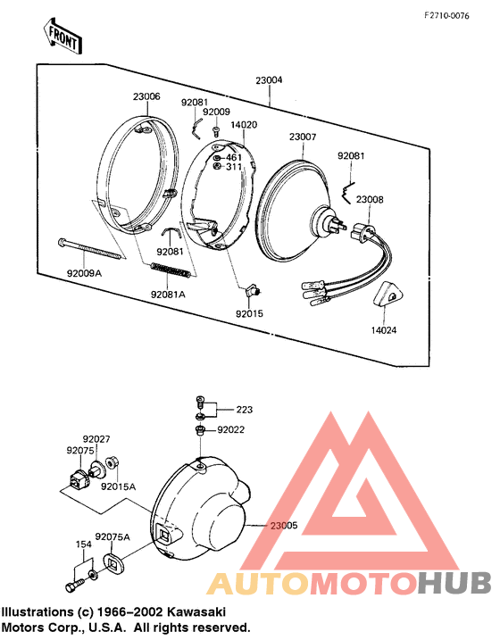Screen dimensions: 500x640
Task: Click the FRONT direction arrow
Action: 62,36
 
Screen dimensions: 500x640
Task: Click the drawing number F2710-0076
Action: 446,16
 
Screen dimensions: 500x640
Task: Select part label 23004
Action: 269,80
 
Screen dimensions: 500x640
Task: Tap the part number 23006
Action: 146,96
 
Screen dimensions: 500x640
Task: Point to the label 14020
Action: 244,124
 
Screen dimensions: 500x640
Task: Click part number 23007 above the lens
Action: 303,137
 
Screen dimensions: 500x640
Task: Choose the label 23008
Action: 370,199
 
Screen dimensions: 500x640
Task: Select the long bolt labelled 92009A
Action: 90,248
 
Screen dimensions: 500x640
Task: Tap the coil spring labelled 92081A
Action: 171,270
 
